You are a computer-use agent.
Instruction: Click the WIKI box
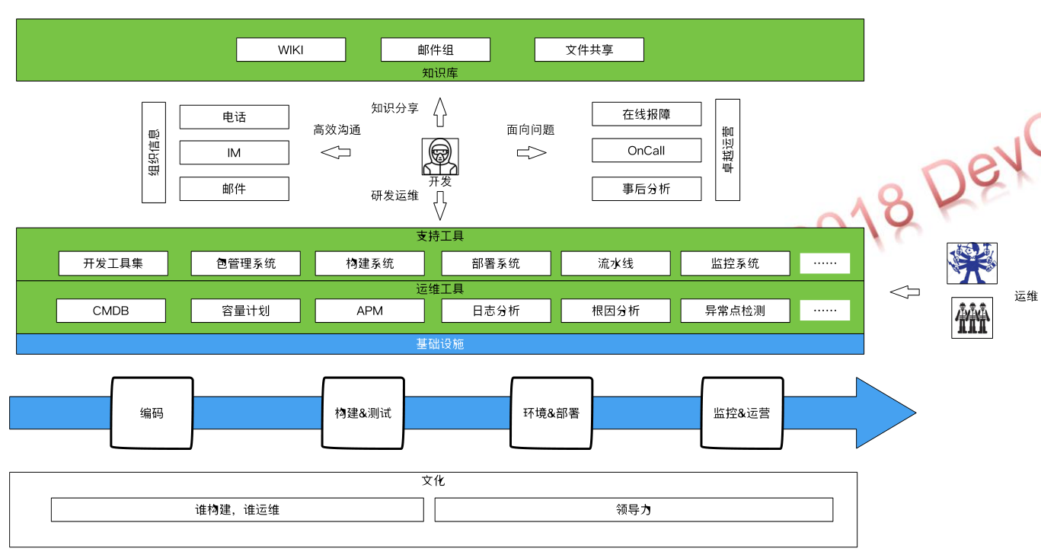(291, 50)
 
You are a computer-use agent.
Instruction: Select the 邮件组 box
(436, 50)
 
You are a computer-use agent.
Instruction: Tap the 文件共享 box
(589, 50)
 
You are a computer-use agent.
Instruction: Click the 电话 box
(235, 117)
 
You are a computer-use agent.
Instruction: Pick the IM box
(235, 153)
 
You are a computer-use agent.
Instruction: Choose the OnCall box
(647, 151)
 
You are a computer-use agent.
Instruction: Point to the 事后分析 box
(647, 189)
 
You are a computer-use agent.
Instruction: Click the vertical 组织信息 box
(154, 152)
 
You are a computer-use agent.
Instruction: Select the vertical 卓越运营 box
(728, 150)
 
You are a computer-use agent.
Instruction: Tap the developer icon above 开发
(441, 156)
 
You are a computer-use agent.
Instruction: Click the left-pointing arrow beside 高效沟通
(336, 152)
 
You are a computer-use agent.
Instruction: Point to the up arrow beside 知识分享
(440, 112)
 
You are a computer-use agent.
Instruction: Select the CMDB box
(111, 311)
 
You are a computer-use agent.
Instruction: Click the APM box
(370, 311)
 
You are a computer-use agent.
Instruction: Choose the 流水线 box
(616, 264)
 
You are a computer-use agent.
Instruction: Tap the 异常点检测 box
(735, 311)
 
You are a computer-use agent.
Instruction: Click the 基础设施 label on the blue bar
(440, 344)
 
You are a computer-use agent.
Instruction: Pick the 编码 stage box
(152, 413)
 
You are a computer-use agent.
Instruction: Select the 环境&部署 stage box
(551, 413)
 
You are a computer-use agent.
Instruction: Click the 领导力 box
(634, 509)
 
